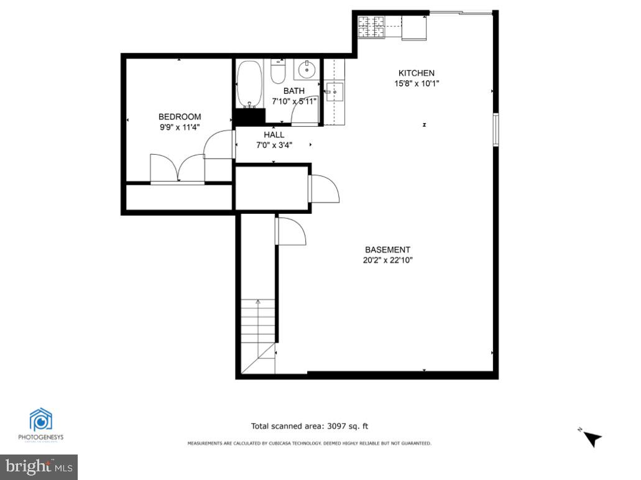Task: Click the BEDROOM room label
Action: (x=180, y=117)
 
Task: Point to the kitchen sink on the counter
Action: (x=334, y=93)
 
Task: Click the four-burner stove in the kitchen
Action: (x=371, y=26)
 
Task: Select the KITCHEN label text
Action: (x=416, y=73)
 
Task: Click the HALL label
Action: (x=274, y=135)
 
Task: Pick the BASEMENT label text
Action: (x=387, y=250)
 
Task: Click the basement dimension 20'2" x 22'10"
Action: (x=387, y=261)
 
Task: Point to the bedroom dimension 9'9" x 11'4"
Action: (x=180, y=127)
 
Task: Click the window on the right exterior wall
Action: (x=496, y=129)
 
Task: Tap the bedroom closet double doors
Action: (x=177, y=168)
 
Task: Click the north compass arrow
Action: (x=592, y=438)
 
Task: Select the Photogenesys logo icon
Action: (x=40, y=421)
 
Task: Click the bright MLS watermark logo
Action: (x=39, y=465)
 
